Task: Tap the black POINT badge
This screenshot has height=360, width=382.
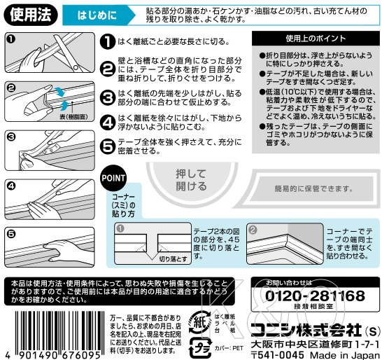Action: (113, 177)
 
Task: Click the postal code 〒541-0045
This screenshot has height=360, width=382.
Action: (276, 354)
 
